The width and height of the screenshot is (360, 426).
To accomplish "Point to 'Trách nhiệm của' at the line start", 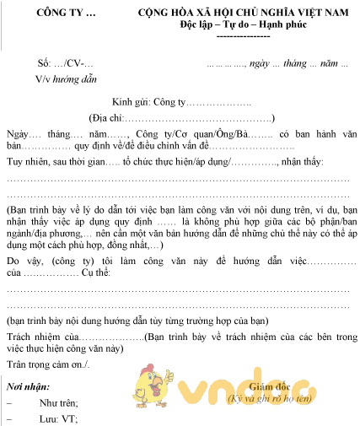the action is pyautogui.click(x=43, y=337).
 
